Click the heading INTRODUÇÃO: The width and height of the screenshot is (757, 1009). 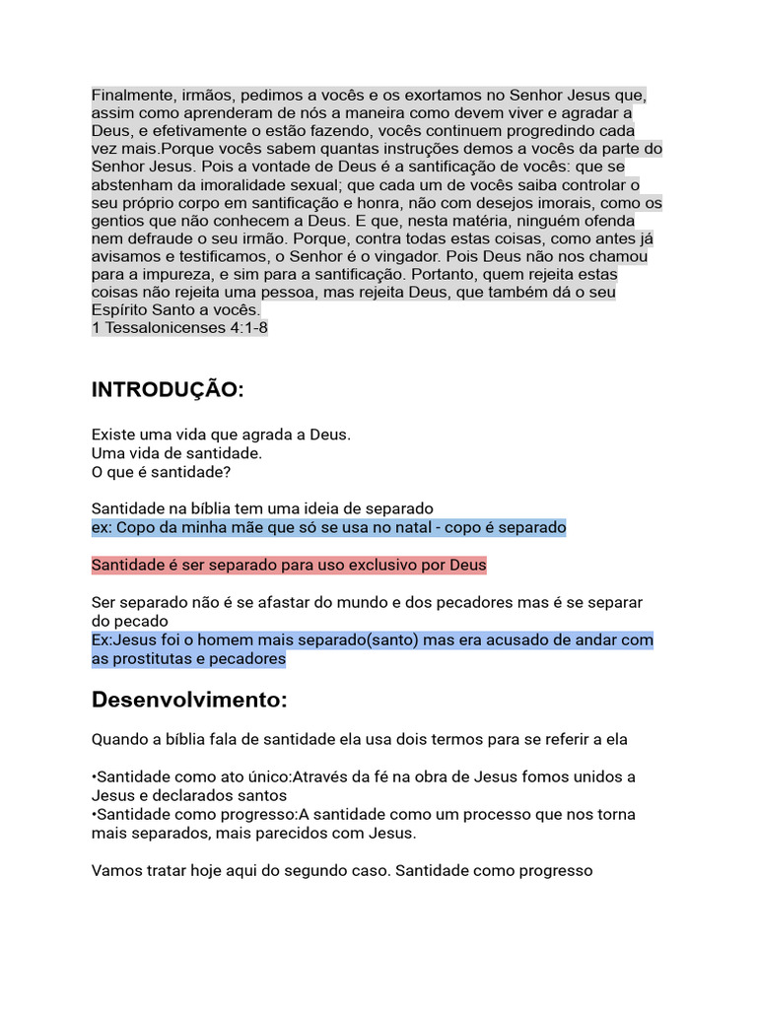(x=167, y=390)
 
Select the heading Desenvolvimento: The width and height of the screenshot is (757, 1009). (x=189, y=701)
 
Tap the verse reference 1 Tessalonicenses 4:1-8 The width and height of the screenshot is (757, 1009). (x=179, y=328)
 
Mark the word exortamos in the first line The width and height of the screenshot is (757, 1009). (x=414, y=96)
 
